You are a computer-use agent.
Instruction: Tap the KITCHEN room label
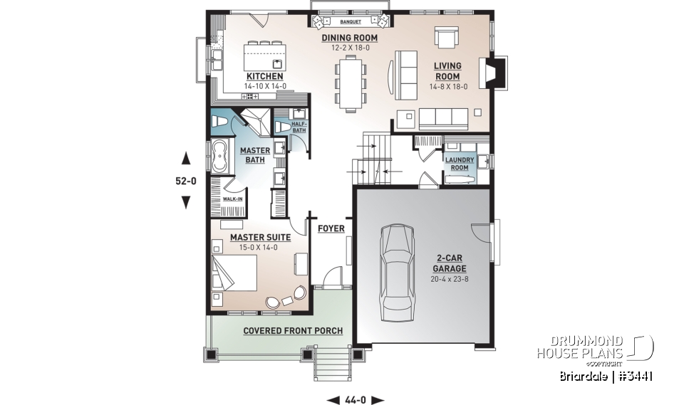[x=265, y=76]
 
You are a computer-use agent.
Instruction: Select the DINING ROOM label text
[x=349, y=38]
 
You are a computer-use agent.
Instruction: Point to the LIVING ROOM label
[x=447, y=71]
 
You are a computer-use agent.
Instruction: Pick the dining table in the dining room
[x=351, y=83]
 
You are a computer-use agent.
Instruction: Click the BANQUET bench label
[x=349, y=23]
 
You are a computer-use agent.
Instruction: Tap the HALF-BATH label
[x=299, y=127]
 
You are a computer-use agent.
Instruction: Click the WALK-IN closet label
[x=233, y=199]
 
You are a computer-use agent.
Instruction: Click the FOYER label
[x=331, y=228]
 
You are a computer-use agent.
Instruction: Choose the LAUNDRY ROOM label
[x=460, y=164]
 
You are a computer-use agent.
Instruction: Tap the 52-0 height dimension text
[x=186, y=181]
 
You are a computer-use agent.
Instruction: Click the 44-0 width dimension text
[x=356, y=399]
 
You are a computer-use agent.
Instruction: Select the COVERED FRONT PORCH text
[x=293, y=331]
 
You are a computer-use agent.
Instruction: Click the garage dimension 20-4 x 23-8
[x=449, y=279]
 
